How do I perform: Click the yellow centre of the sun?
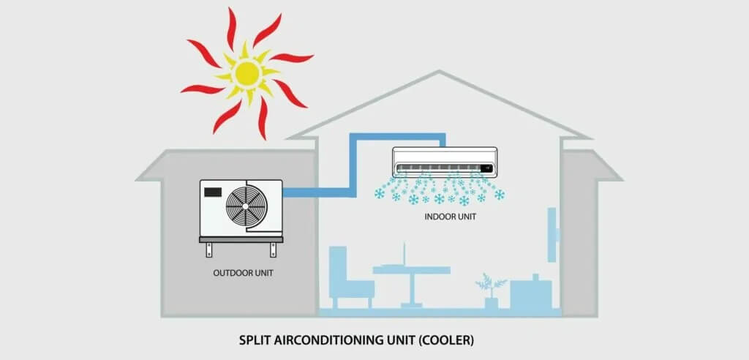tap(247, 74)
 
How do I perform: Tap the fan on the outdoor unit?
tap(246, 206)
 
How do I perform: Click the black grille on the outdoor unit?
tap(213, 192)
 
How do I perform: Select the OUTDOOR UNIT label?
tap(243, 274)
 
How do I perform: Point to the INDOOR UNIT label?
tap(451, 217)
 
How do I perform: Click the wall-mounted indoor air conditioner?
tap(445, 162)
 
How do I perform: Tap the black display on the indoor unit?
tap(486, 168)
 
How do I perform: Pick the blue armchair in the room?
tap(350, 277)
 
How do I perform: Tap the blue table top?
tap(411, 270)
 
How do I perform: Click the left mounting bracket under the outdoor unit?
tap(209, 250)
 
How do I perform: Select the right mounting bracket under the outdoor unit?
tap(274, 250)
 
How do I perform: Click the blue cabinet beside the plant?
tap(531, 292)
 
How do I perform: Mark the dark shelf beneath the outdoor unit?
tap(241, 239)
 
